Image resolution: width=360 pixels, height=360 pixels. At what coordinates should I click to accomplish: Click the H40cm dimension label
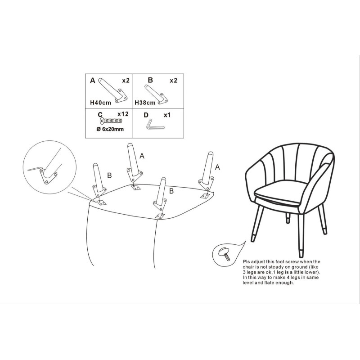(100, 103)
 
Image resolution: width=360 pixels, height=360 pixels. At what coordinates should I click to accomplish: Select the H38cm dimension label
(145, 103)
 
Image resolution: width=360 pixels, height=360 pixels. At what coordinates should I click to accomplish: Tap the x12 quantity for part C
(123, 114)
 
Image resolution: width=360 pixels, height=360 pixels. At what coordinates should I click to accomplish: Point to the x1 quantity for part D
(167, 115)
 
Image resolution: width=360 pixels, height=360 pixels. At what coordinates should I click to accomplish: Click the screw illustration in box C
(111, 121)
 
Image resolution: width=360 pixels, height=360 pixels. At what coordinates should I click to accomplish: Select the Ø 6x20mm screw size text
(110, 129)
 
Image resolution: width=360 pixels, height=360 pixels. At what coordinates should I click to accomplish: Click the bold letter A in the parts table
(93, 81)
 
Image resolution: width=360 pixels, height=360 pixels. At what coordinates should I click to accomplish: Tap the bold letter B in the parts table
(150, 80)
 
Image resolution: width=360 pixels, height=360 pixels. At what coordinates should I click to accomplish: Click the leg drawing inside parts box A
(113, 90)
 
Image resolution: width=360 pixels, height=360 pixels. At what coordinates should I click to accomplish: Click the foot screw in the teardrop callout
(225, 254)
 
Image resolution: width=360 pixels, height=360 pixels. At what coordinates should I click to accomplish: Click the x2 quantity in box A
(126, 81)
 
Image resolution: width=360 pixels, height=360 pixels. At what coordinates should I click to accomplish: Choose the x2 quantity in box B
(174, 81)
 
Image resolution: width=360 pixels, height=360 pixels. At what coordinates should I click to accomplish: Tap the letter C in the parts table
(100, 115)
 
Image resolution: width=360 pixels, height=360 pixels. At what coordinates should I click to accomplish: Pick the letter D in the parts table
(146, 115)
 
